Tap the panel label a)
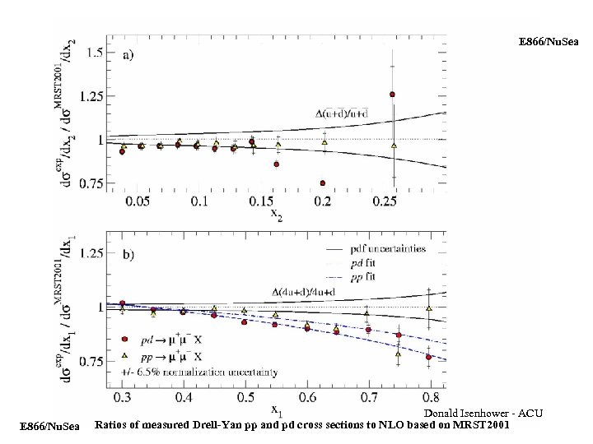pyautogui.click(x=129, y=56)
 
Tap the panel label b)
pyautogui.click(x=129, y=255)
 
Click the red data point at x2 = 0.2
pyautogui.click(x=323, y=183)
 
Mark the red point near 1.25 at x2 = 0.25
pyautogui.click(x=393, y=95)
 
